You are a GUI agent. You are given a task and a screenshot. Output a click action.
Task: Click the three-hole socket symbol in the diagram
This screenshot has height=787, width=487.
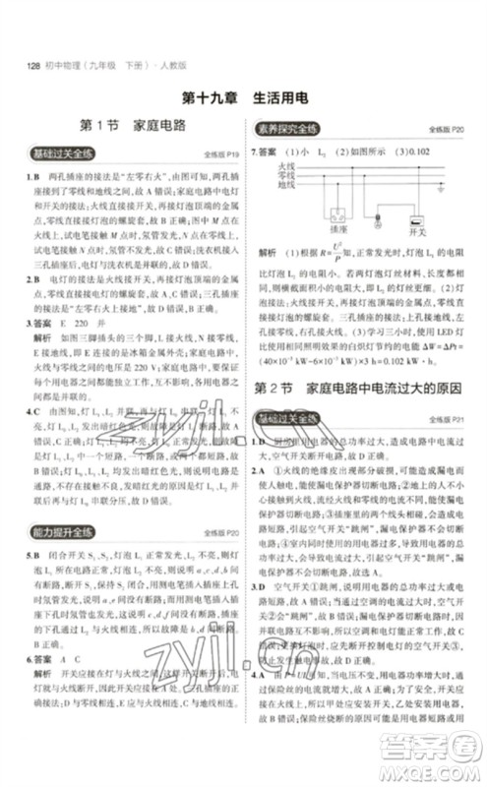click(337, 215)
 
